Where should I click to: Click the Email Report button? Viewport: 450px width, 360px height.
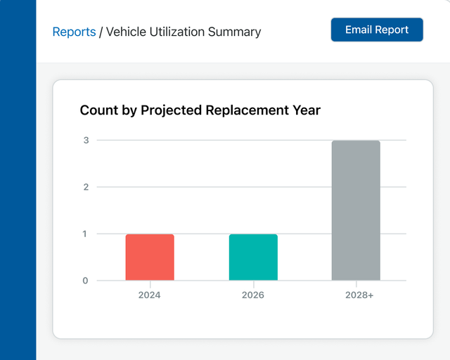pos(377,30)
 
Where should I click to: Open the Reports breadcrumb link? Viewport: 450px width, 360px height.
pos(74,32)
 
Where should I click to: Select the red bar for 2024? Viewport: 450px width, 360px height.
pos(150,257)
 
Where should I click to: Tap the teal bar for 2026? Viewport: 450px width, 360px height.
pos(253,257)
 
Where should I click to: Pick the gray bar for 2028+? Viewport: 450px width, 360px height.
pos(356,211)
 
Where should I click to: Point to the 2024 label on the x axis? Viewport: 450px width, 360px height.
pos(150,295)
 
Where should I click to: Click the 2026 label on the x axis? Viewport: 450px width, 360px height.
pos(253,295)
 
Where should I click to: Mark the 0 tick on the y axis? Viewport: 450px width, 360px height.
pos(86,281)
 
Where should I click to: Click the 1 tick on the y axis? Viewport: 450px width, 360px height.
pos(86,233)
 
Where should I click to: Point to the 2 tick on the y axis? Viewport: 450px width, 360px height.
pos(86,187)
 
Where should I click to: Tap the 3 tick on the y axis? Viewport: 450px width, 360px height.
pos(86,140)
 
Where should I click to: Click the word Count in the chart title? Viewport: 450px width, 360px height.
pos(98,110)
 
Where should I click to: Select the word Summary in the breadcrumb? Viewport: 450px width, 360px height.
pos(235,32)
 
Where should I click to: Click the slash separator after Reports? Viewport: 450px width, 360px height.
pos(101,32)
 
